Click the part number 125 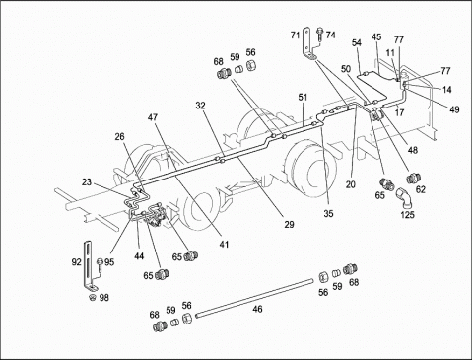click(x=407, y=215)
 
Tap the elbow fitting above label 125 click(x=403, y=197)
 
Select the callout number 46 click(x=257, y=309)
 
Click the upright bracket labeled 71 click(x=307, y=44)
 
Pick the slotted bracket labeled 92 click(x=89, y=265)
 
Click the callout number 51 click(x=303, y=98)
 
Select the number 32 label click(x=200, y=106)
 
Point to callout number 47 click(x=153, y=117)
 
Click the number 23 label click(x=87, y=182)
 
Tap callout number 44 click(x=139, y=256)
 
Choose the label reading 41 click(x=224, y=245)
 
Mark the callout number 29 click(x=289, y=225)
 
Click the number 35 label click(x=328, y=213)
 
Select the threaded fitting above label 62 click(x=413, y=179)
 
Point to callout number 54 click(x=357, y=43)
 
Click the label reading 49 click(x=454, y=109)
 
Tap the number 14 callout click(x=447, y=89)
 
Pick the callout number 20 click(x=351, y=184)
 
